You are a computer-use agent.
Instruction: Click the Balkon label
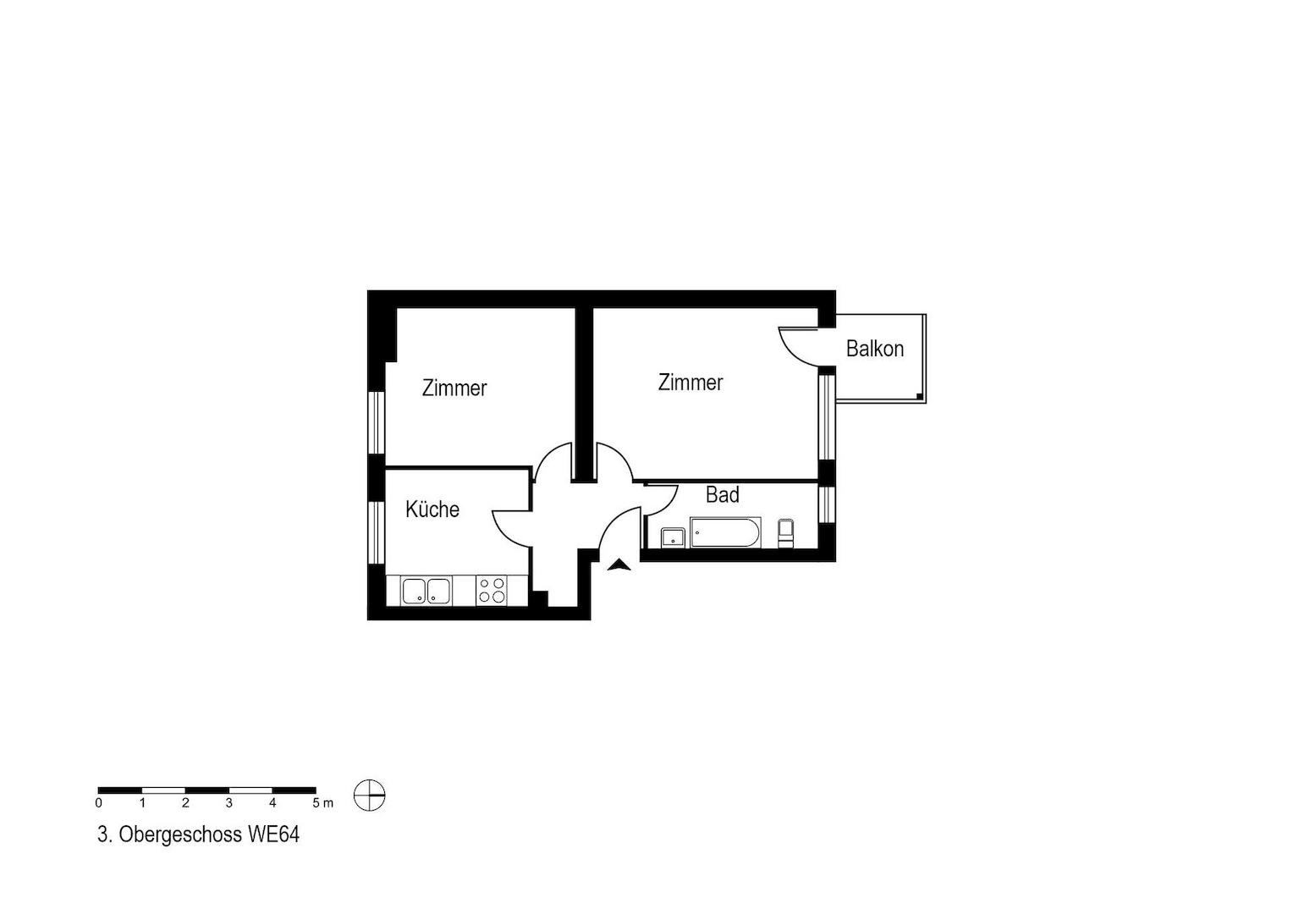(x=874, y=349)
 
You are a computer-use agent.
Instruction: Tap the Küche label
(x=432, y=509)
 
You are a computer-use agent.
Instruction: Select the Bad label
(x=722, y=495)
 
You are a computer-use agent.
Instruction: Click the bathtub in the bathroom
(x=725, y=532)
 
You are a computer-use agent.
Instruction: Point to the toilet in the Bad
(x=785, y=533)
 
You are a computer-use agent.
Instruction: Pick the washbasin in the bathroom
(x=673, y=537)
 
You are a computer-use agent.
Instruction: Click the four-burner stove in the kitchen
(x=492, y=591)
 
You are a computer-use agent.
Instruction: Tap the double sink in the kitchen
(x=426, y=592)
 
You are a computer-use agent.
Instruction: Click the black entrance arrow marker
(x=619, y=565)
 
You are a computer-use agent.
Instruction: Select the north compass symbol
(x=370, y=795)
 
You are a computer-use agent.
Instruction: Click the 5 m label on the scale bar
(x=322, y=803)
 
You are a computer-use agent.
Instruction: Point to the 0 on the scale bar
(x=99, y=803)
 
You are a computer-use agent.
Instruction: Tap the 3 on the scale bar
(x=229, y=803)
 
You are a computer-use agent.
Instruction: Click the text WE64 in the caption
(x=273, y=835)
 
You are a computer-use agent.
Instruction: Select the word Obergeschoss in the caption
(x=180, y=835)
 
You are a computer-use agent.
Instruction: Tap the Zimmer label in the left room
(x=454, y=388)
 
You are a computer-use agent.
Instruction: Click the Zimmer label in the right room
(x=691, y=383)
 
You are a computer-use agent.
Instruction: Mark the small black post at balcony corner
(x=919, y=396)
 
